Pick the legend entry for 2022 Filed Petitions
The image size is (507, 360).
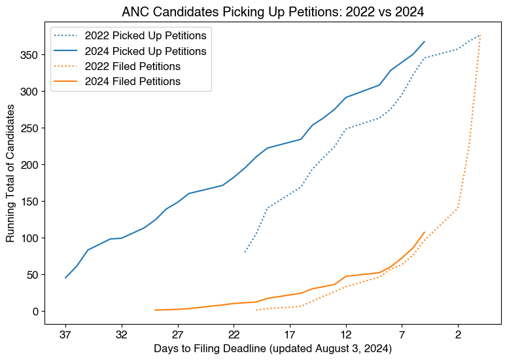tap(132, 66)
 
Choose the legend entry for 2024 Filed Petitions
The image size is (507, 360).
tap(132, 81)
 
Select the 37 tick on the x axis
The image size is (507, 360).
tap(65, 333)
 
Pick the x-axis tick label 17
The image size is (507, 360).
tap(290, 333)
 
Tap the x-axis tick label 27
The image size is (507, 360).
tap(177, 333)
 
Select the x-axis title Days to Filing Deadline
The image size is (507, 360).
tap(273, 349)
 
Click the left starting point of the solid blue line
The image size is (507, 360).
tap(65, 278)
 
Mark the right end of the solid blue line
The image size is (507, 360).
tap(425, 41)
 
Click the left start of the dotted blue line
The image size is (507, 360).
tap(245, 252)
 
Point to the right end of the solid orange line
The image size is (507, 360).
tap(425, 232)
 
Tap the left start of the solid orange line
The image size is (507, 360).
tap(155, 310)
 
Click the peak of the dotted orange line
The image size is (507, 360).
tap(481, 35)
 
